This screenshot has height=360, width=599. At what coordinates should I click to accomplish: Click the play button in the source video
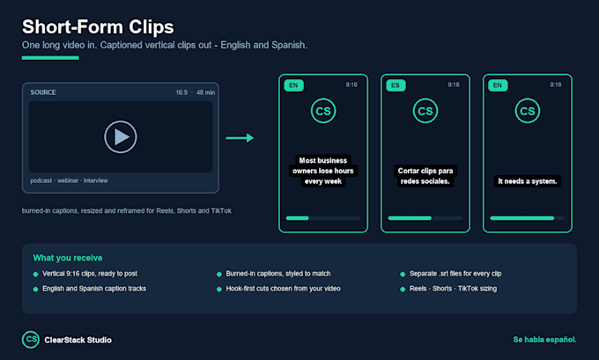(121, 136)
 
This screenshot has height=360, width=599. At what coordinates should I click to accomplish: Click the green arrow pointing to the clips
(240, 138)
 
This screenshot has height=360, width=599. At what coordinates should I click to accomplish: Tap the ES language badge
(396, 85)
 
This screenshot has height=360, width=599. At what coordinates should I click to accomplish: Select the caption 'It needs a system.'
(527, 181)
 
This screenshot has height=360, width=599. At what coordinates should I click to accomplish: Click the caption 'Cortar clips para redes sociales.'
(425, 176)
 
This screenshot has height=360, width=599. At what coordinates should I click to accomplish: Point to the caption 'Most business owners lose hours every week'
(323, 171)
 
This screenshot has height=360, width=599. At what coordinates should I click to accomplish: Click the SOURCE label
(43, 92)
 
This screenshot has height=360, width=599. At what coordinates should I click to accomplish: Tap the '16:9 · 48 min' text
(196, 92)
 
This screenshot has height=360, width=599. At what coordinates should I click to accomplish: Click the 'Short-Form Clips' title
(98, 27)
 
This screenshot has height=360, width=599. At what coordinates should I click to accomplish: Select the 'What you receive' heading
(68, 258)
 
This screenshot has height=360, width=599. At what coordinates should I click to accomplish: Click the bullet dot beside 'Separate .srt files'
(403, 274)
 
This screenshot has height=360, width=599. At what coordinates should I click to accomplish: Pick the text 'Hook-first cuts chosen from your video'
(283, 289)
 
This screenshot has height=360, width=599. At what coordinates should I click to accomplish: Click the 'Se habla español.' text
(544, 340)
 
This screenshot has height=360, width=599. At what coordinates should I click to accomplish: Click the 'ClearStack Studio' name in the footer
(78, 340)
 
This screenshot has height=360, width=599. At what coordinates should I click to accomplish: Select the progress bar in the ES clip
(425, 218)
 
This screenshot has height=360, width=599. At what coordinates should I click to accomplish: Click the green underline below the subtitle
(50, 57)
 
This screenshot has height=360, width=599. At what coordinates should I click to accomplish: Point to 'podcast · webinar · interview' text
(69, 180)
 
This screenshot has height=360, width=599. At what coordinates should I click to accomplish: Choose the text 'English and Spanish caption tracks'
(94, 289)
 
